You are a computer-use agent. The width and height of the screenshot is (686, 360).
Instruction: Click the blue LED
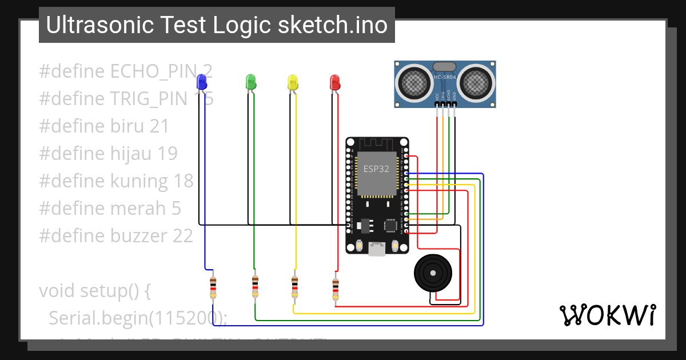coord(201,81)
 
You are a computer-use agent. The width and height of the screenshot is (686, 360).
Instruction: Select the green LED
coord(250,81)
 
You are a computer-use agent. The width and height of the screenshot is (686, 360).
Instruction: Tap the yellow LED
coord(292,82)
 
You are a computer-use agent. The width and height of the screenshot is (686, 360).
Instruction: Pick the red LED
coord(334,82)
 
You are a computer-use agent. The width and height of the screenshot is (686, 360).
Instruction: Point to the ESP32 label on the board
coord(377,169)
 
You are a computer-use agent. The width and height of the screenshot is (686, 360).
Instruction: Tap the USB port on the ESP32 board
coord(377,249)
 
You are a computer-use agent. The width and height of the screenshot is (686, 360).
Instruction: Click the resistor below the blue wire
coord(213,287)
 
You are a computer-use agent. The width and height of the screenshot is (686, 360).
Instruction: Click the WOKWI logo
coord(607,315)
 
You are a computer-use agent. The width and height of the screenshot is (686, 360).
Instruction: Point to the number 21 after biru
coord(159,126)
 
